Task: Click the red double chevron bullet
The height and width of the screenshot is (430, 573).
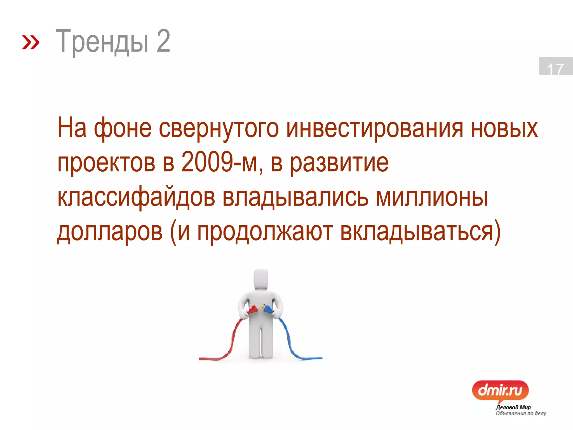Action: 30,42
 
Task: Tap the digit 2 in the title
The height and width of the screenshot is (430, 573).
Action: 163,41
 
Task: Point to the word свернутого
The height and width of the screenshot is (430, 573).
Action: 219,128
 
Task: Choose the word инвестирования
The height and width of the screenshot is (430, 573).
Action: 375,128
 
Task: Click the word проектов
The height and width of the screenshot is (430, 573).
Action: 106,163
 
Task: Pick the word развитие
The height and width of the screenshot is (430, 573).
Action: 339,163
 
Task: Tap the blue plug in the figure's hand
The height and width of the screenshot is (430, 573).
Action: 268,309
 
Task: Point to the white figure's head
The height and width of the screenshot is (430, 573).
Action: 261,279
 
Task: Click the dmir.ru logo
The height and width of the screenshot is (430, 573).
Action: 500,390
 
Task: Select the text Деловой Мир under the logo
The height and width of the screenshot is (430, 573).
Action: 513,407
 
